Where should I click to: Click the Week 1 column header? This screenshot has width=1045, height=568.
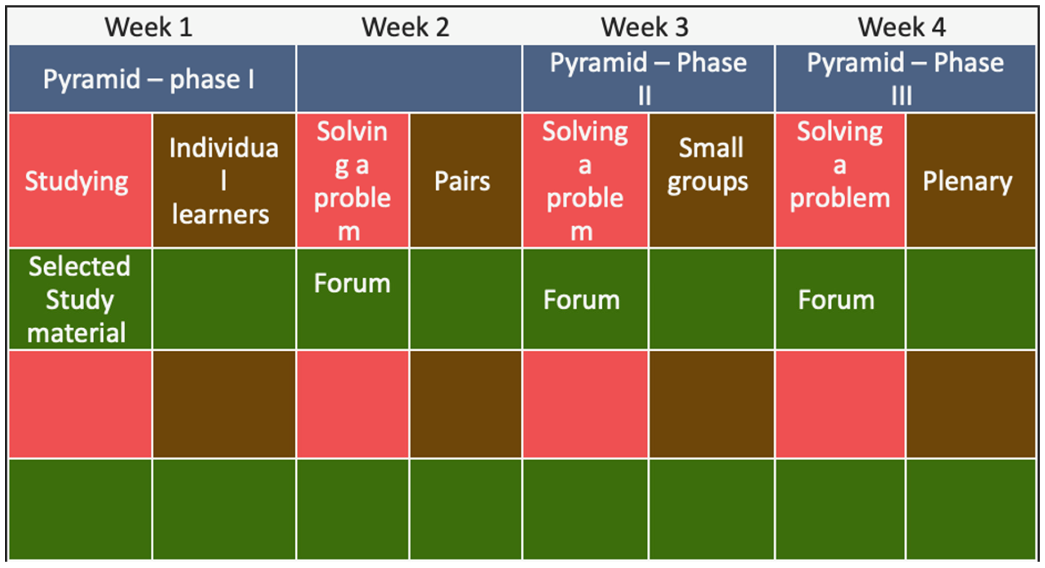pyautogui.click(x=149, y=27)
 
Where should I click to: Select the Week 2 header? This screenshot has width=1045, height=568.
pyautogui.click(x=406, y=27)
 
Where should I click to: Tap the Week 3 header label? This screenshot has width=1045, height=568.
pyautogui.click(x=645, y=27)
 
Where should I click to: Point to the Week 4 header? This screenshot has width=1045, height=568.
pyautogui.click(x=902, y=27)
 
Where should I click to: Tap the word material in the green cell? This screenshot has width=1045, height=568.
pyautogui.click(x=77, y=333)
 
